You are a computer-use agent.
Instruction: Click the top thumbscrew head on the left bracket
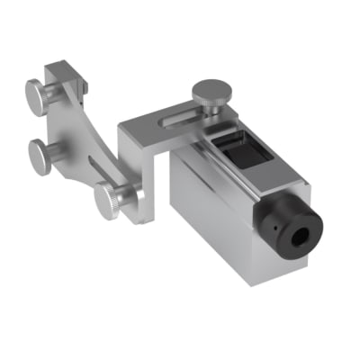coord(35,92)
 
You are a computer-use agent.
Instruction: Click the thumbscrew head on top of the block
coord(209,92)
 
